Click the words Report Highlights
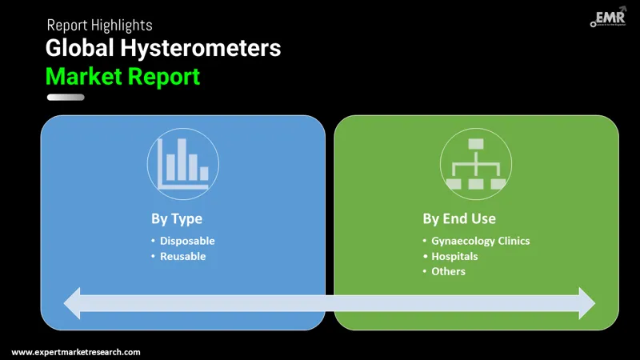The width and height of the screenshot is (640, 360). pos(99,26)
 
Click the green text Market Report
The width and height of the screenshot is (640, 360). pos(122,77)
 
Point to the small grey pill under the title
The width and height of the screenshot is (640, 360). pos(66,98)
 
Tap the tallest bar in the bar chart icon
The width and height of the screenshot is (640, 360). pos(182,159)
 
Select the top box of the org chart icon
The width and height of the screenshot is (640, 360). pos(476,144)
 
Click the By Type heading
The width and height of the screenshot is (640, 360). pos(176,218)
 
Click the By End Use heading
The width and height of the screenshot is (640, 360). pos(459,218)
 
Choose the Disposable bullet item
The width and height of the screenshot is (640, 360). pos(187,241)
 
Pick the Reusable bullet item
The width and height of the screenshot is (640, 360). pos(182,256)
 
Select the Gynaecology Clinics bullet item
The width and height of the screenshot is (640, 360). pos(480,241)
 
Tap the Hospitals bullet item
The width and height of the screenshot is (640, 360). pos(454,256)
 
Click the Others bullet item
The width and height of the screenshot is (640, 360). pos(448,271)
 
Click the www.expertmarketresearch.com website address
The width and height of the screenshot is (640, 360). pos(76,352)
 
